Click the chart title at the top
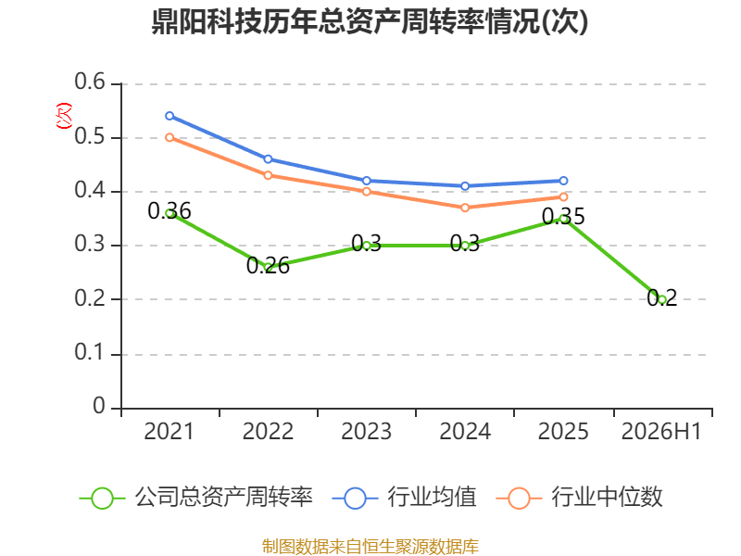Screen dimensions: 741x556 pyautogui.click(x=370, y=21)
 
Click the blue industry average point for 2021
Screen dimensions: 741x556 pyautogui.click(x=170, y=116)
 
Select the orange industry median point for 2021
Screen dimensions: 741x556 pyautogui.click(x=170, y=137)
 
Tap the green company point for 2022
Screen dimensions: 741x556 pyautogui.click(x=268, y=268)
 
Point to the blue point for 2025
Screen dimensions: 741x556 pyautogui.click(x=563, y=181)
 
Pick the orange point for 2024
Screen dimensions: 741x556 pyautogui.click(x=465, y=208)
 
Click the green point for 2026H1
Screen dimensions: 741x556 pyautogui.click(x=662, y=299)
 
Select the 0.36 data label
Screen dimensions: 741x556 pyautogui.click(x=170, y=211)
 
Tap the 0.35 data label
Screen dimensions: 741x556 pyautogui.click(x=563, y=217)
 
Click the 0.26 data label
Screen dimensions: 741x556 pyautogui.click(x=268, y=266)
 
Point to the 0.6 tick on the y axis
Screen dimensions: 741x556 pyautogui.click(x=90, y=82)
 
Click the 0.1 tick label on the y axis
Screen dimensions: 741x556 pyautogui.click(x=90, y=352)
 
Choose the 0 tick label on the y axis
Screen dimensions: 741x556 pyautogui.click(x=99, y=406)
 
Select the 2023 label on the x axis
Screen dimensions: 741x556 pyautogui.click(x=366, y=431)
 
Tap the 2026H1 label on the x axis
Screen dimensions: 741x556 pyautogui.click(x=661, y=431)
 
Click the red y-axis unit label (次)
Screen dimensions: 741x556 pyautogui.click(x=64, y=116)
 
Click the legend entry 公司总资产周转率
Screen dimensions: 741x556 pyautogui.click(x=195, y=498)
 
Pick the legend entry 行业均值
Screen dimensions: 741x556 pyautogui.click(x=405, y=498)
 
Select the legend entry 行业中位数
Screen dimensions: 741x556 pyautogui.click(x=580, y=498)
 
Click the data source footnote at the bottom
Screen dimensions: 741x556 pyautogui.click(x=370, y=547)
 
